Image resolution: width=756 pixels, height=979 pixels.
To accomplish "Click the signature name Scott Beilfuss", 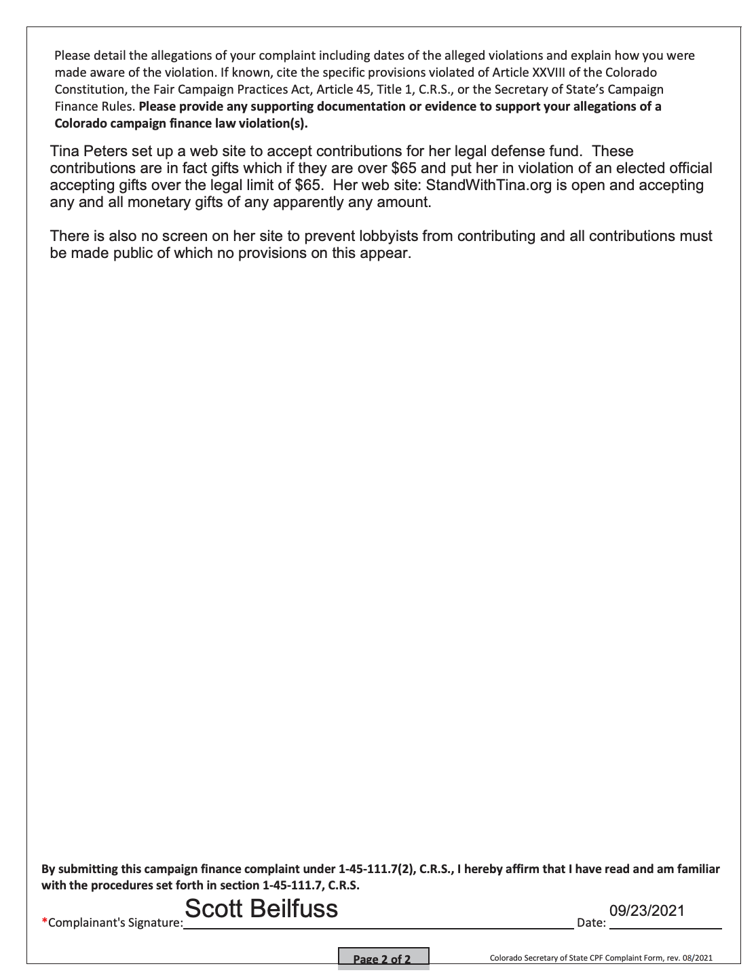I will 261,909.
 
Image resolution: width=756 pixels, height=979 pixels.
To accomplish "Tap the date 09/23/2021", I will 647,911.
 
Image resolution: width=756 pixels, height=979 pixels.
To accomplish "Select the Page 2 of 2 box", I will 383,959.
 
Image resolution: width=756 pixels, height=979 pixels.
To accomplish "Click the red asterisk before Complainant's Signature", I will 44,921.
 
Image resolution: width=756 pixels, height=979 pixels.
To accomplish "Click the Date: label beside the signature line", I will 591,923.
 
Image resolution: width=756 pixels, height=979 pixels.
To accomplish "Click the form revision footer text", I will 601,958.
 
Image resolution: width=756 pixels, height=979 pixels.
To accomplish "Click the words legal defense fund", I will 518,151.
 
